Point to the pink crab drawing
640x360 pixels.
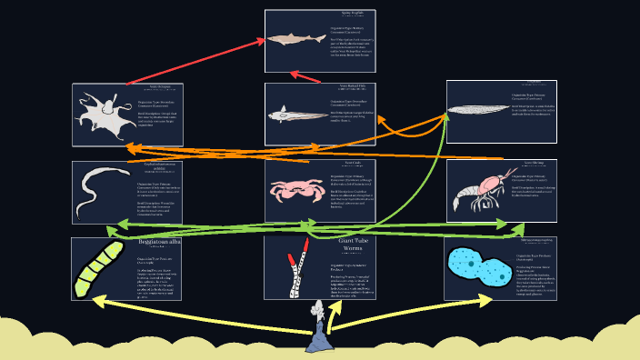tap(292, 190)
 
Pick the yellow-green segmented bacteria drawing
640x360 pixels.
tap(98, 268)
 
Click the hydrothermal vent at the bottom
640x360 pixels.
tap(321, 335)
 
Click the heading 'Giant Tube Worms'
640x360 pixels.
tap(351, 245)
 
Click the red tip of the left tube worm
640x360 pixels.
tap(292, 262)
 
